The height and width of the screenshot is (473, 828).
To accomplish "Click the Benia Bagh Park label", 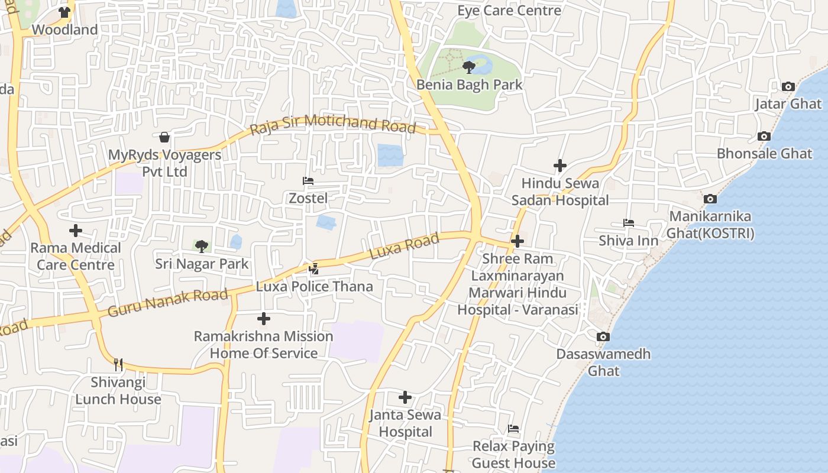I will (x=470, y=85).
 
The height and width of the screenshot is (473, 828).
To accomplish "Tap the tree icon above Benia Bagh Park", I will (x=469, y=67).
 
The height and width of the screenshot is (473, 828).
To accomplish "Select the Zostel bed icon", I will (x=308, y=181).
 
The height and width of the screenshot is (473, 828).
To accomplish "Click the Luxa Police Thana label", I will (x=314, y=287).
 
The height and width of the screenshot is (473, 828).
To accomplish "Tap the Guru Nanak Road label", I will (x=168, y=302).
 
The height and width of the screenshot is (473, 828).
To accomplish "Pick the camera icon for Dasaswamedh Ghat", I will (x=603, y=337).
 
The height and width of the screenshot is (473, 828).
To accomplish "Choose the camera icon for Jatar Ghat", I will (x=788, y=87).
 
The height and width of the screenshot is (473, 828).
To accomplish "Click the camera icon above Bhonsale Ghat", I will (x=764, y=137).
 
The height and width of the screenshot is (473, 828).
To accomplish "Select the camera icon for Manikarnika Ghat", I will (x=710, y=199).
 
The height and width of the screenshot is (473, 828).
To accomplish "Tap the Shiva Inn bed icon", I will (x=628, y=223).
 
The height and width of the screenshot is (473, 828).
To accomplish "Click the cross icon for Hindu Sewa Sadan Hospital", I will (x=559, y=166).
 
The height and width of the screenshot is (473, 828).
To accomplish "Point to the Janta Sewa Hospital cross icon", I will (x=405, y=397).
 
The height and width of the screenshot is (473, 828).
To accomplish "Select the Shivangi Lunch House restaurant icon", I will (x=118, y=364).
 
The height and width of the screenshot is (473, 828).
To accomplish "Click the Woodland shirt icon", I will (x=64, y=12).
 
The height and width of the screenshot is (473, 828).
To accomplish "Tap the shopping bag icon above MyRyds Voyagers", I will (x=164, y=137).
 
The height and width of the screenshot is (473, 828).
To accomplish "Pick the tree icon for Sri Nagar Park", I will (x=202, y=246).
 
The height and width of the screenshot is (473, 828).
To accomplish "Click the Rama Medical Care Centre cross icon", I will (x=76, y=230).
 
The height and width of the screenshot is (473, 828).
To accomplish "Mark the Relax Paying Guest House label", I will (x=513, y=454).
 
